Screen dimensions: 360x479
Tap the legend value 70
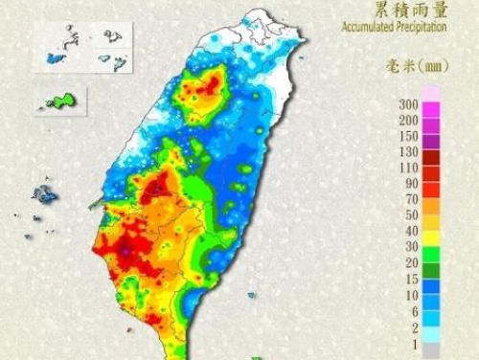(409, 198)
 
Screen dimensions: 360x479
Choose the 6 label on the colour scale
(412, 310)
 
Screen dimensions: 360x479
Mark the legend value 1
(412, 342)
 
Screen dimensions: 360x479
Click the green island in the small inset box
(62, 100)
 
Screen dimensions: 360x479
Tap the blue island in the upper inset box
(51, 59)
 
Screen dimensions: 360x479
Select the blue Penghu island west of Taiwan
(43, 195)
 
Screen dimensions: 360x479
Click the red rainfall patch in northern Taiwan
(203, 88)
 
